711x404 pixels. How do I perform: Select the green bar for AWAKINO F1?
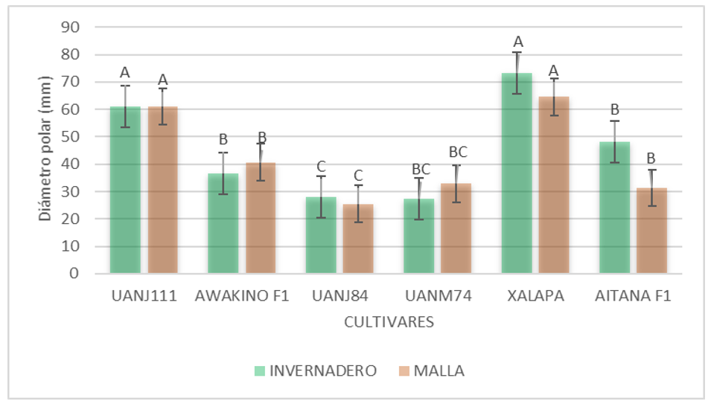tap(223, 223)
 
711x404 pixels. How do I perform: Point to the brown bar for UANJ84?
tap(358, 239)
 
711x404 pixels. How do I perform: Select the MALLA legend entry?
tap(431, 371)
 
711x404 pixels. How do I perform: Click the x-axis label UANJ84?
tap(339, 296)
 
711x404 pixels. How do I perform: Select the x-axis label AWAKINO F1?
tap(242, 296)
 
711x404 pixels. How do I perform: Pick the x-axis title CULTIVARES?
tap(389, 323)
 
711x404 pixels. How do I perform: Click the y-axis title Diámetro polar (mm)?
tap(46, 149)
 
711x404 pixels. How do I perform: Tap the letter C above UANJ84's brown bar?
tap(358, 176)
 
